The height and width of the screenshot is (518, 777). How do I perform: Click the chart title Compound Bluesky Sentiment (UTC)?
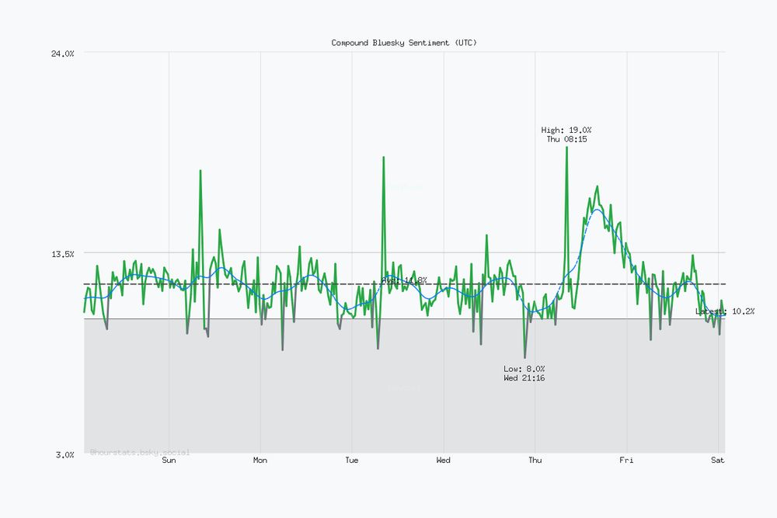(x=404, y=43)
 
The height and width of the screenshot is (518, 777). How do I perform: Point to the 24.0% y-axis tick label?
(x=62, y=53)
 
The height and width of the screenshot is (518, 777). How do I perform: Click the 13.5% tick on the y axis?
(x=62, y=253)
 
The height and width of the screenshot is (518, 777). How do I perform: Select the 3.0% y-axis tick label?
(x=64, y=454)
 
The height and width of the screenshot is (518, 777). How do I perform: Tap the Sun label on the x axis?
(x=169, y=461)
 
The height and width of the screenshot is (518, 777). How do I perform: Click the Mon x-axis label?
(x=260, y=461)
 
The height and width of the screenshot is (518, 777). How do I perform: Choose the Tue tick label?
(x=352, y=461)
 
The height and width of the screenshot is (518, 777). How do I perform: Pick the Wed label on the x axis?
(x=443, y=461)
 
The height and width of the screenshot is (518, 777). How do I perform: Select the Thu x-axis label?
(x=535, y=461)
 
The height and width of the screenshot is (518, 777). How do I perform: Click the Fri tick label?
(x=626, y=461)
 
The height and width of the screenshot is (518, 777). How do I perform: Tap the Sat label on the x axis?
(x=718, y=461)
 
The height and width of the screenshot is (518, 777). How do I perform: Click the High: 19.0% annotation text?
(x=566, y=130)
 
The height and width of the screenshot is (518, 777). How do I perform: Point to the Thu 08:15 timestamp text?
(x=566, y=139)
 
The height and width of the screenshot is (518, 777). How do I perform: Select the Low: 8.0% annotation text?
(x=524, y=369)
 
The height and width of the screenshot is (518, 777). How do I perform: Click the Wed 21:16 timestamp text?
(x=524, y=378)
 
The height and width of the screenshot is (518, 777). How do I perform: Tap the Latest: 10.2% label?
(x=725, y=311)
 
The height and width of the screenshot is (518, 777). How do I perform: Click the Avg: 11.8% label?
(x=404, y=280)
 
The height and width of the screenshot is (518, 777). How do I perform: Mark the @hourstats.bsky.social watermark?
(x=140, y=451)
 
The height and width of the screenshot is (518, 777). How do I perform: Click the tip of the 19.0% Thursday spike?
(x=566, y=147)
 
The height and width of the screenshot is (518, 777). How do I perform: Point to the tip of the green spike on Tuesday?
(x=383, y=157)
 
